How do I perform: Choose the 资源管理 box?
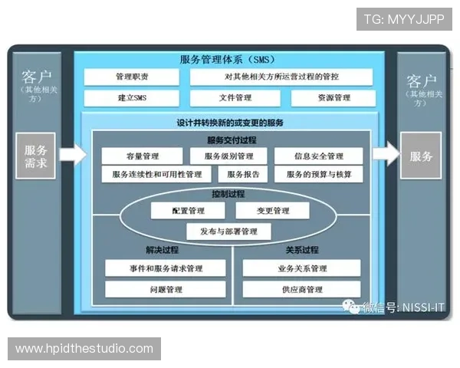[x=332, y=98]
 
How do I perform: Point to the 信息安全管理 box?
[x=316, y=156]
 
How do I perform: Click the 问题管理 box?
[x=165, y=290]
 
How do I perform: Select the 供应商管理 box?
[x=301, y=290]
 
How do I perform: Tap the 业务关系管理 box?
[x=301, y=268]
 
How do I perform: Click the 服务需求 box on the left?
[x=36, y=156]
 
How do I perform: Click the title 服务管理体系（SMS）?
[x=228, y=59]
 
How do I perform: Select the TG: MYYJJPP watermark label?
[x=404, y=18]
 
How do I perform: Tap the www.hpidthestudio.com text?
[x=84, y=349]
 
